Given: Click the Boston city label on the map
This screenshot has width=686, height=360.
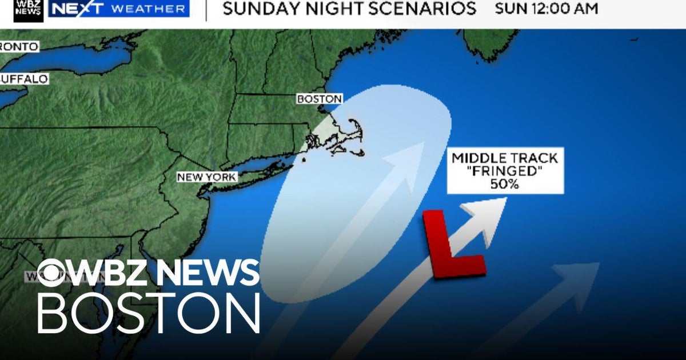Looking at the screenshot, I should pyautogui.click(x=319, y=99).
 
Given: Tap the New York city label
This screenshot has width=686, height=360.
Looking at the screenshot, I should pyautogui.click(x=206, y=177).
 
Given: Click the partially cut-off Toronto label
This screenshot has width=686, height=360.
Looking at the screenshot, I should pyautogui.click(x=19, y=46).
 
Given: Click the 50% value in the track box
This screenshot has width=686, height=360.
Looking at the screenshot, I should pyautogui.click(x=505, y=185).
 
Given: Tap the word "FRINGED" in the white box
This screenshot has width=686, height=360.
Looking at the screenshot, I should pyautogui.click(x=505, y=171).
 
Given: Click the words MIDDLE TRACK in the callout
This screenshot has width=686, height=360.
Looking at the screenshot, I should pyautogui.click(x=505, y=158).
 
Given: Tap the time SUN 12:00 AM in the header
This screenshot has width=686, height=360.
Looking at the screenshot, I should pyautogui.click(x=546, y=9).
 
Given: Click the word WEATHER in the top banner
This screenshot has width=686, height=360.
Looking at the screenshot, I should pyautogui.click(x=149, y=9).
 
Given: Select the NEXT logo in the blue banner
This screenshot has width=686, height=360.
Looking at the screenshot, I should pyautogui.click(x=78, y=9).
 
